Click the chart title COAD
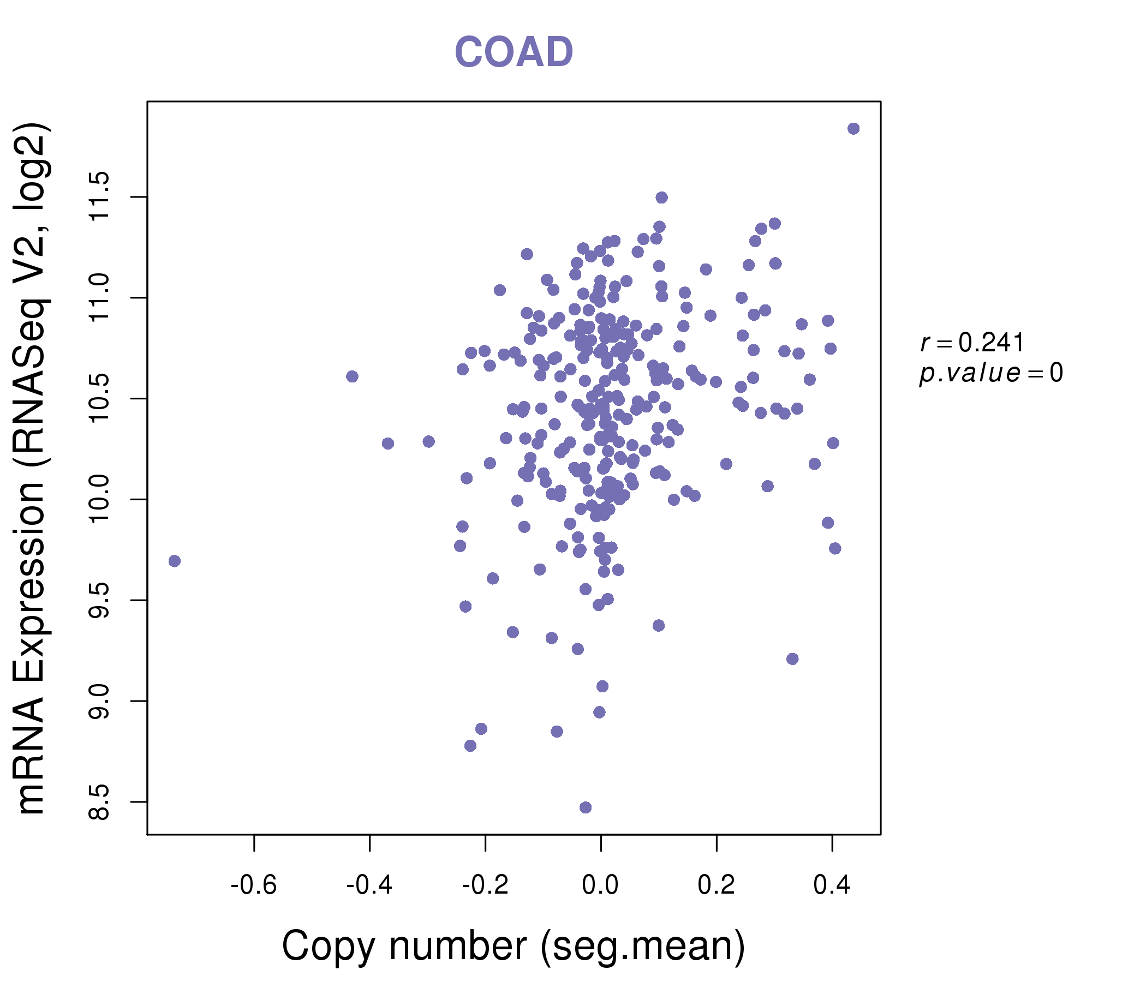[514, 52]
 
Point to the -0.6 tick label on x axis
[254, 885]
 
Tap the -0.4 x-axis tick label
[369, 885]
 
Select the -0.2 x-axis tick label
[485, 885]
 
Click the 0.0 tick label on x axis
[601, 885]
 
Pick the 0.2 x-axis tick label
[716, 885]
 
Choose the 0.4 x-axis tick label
[832, 885]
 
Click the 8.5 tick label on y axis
[99, 802]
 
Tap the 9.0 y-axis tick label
[99, 701]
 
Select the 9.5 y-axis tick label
[99, 601]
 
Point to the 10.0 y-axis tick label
[99, 499]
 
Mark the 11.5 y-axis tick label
[99, 197]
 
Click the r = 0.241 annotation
[972, 343]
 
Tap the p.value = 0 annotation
[990, 373]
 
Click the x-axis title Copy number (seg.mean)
[514, 945]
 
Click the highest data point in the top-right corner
[853, 129]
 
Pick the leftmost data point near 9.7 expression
[175, 561]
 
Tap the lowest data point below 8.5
[586, 808]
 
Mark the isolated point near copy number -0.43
[353, 376]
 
